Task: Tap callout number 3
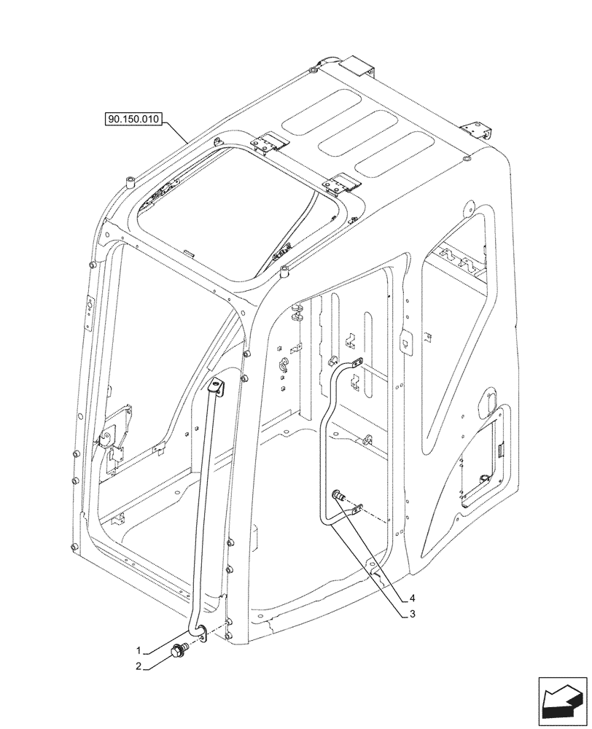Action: (x=412, y=614)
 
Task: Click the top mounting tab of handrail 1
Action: (x=216, y=387)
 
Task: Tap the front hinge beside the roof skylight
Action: (x=340, y=184)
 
